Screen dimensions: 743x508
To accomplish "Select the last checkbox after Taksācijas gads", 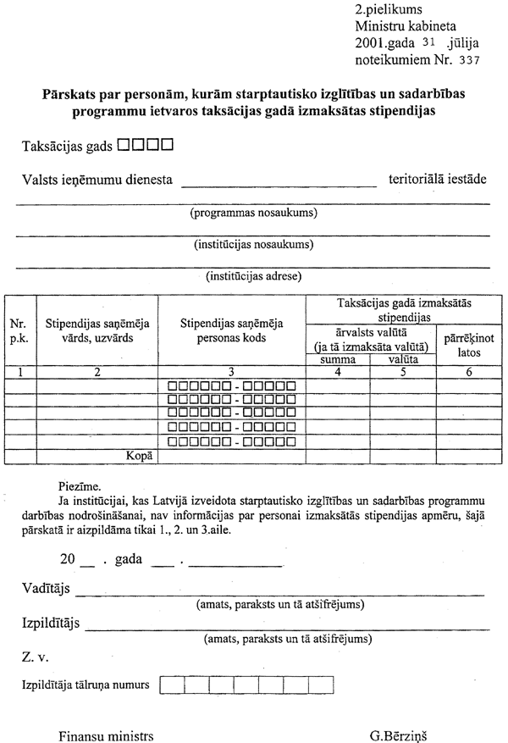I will pos(167,145).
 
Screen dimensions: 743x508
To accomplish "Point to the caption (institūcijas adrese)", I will pos(254,275).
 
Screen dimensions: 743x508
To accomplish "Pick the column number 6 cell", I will pos(468,372).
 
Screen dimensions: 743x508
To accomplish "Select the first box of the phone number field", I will pos(169,684).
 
